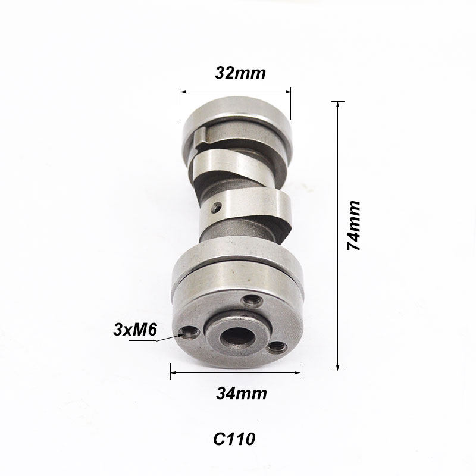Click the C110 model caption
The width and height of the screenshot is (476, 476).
click(x=234, y=440)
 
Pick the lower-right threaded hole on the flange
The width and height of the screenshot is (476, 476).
click(x=275, y=345)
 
